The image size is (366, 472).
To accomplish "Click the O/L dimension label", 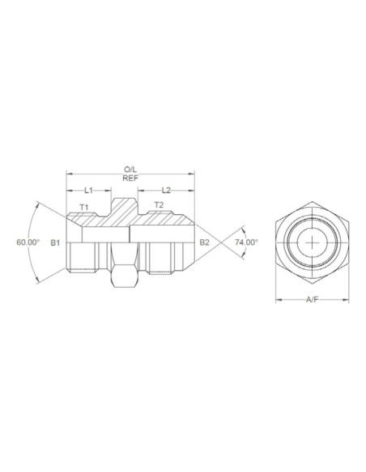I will (x=130, y=169).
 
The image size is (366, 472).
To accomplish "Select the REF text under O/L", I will (x=130, y=179).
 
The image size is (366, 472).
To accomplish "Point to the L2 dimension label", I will (x=164, y=190).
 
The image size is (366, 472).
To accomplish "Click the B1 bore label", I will (x=55, y=242).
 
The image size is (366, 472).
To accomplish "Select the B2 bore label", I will (x=205, y=242).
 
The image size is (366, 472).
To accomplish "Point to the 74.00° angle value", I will (x=245, y=242).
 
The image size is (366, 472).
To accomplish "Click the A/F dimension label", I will (x=309, y=301).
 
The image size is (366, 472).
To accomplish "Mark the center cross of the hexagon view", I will (x=309, y=242).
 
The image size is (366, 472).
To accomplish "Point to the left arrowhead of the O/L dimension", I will (x=70, y=174).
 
